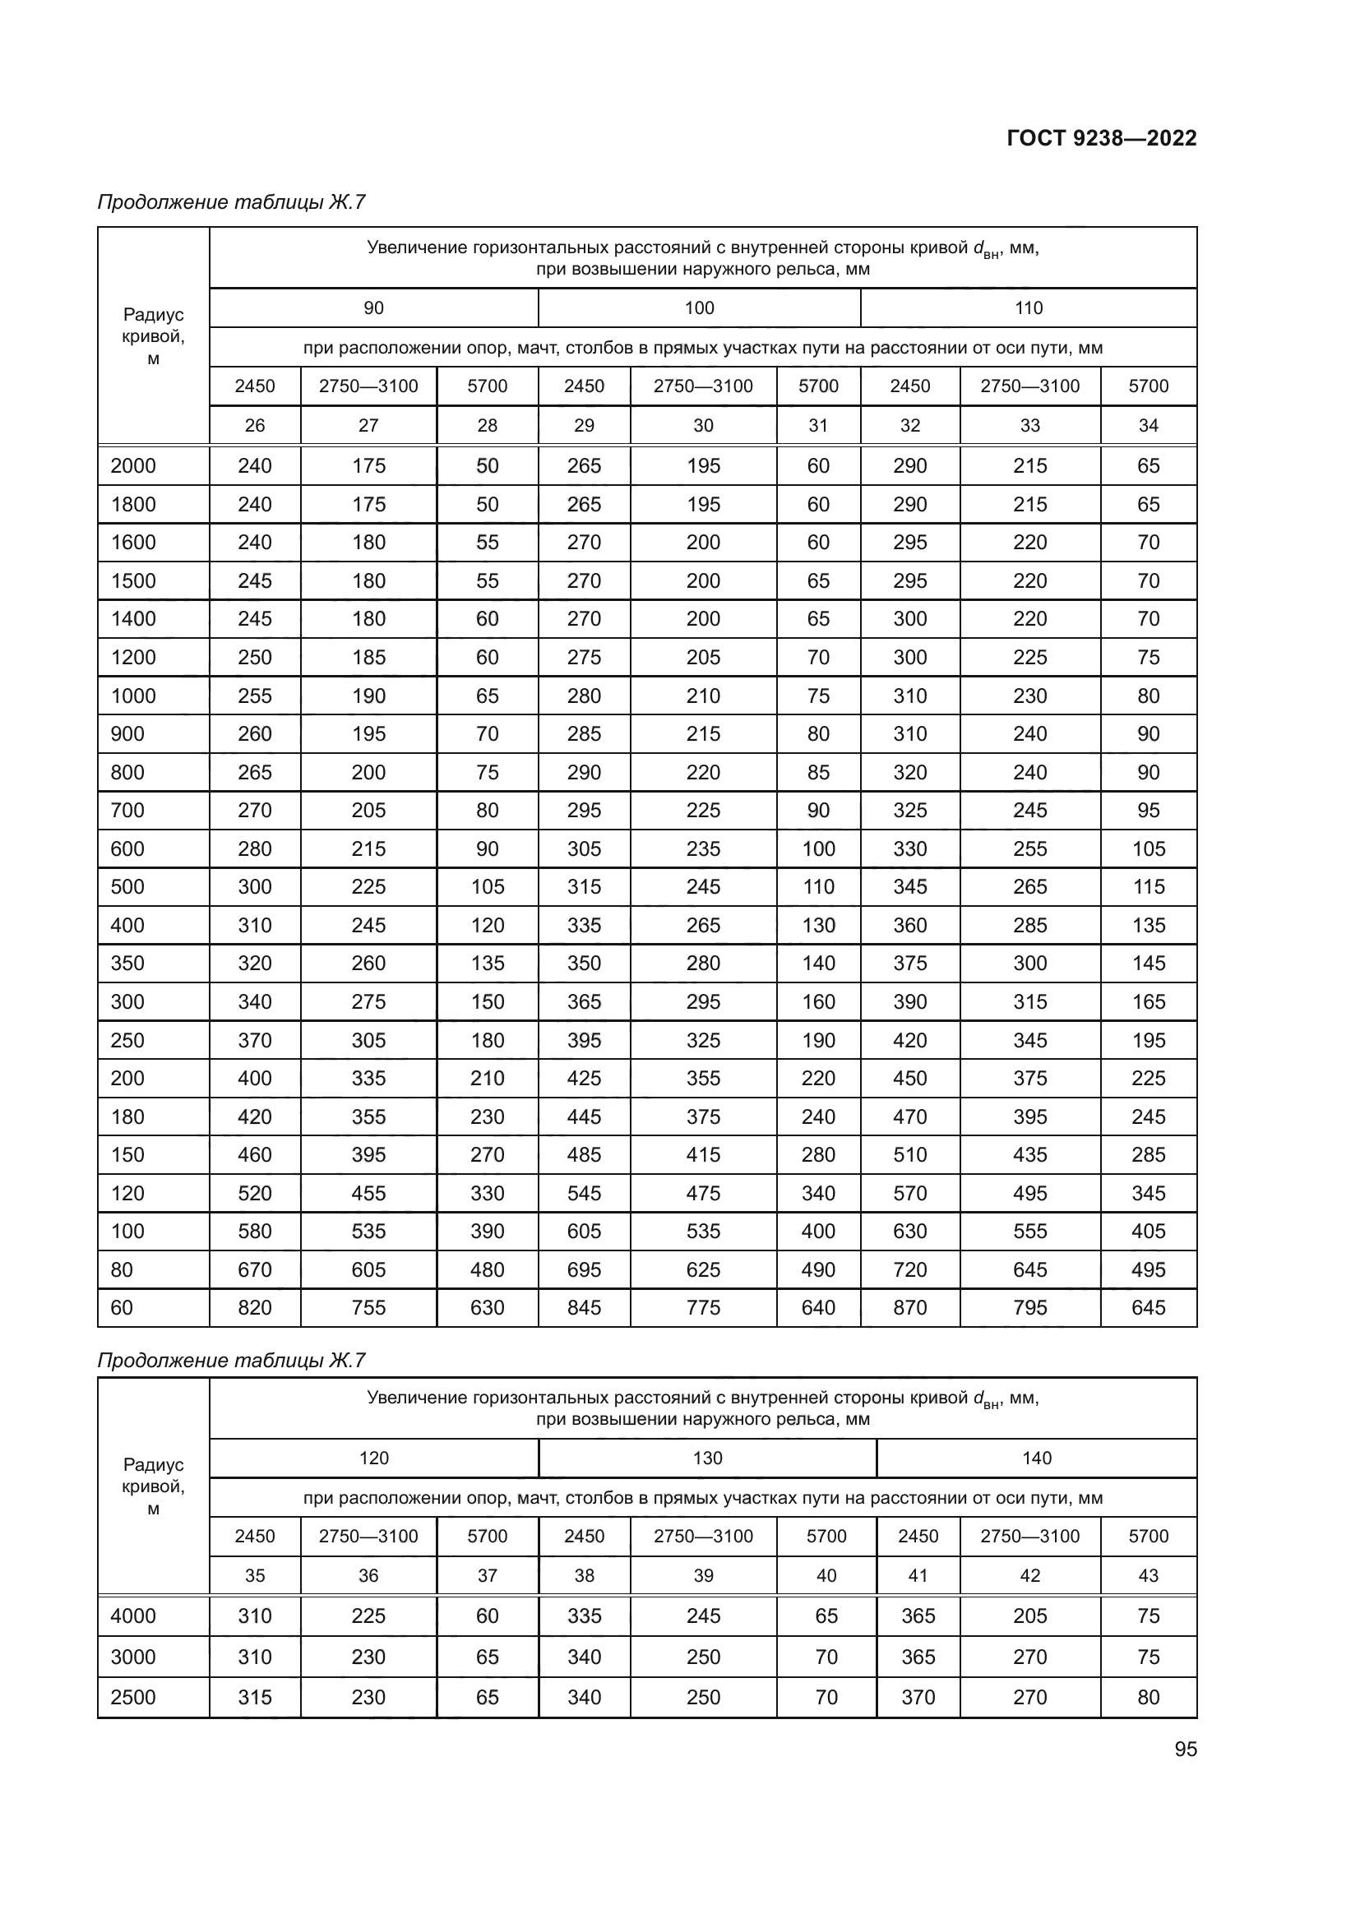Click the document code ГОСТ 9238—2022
click(x=1101, y=138)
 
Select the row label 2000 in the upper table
click(x=133, y=465)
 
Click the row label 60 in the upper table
click(x=123, y=1307)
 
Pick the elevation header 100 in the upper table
click(x=699, y=308)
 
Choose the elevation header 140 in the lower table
click(x=1036, y=1458)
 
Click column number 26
click(x=255, y=426)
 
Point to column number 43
click(x=1148, y=1575)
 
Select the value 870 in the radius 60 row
click(x=909, y=1307)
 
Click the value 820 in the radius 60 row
click(x=255, y=1307)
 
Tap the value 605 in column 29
click(x=584, y=1232)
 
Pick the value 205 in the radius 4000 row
click(x=1029, y=1616)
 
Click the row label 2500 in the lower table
click(x=133, y=1697)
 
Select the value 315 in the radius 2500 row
click(x=255, y=1697)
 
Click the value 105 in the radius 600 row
click(x=1148, y=848)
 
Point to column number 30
click(x=702, y=426)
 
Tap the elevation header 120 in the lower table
click(x=373, y=1458)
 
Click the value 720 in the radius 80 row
click(x=909, y=1269)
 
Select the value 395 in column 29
click(x=584, y=1040)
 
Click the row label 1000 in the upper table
click(x=133, y=696)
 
